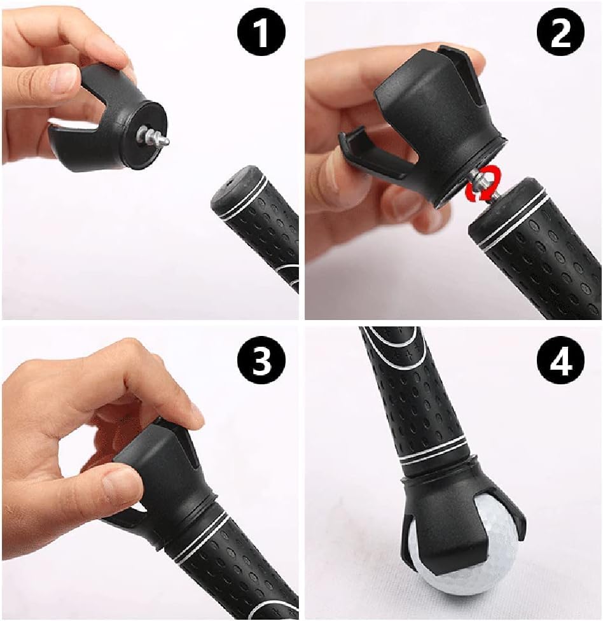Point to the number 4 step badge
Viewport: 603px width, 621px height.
pos(560,361)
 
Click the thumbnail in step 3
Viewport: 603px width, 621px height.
pos(121,484)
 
